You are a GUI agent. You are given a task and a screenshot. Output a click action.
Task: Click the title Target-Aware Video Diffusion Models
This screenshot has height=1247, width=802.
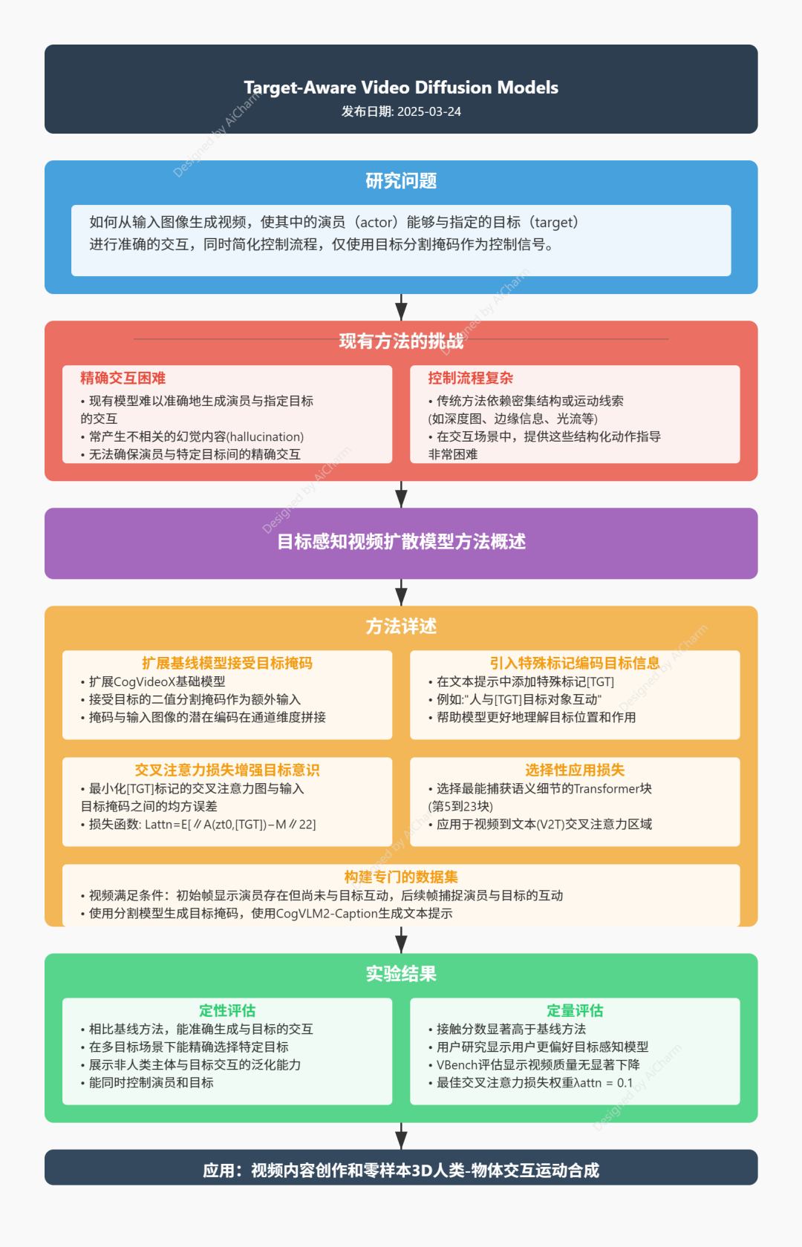pyautogui.click(x=401, y=88)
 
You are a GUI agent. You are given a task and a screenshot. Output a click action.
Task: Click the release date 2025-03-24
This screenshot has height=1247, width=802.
pyautogui.click(x=429, y=111)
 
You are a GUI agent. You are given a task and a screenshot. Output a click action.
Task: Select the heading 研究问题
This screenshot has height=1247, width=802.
pyautogui.click(x=401, y=181)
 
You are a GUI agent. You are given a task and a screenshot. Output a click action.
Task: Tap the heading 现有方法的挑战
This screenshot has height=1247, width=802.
pyautogui.click(x=401, y=341)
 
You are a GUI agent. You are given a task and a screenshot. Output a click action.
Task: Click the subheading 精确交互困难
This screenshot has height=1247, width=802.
pyautogui.click(x=123, y=378)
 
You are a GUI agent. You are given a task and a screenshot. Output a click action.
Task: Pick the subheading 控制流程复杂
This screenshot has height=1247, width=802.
pyautogui.click(x=471, y=378)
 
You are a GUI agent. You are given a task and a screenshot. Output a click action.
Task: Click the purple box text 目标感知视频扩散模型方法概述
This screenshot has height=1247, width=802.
pyautogui.click(x=401, y=542)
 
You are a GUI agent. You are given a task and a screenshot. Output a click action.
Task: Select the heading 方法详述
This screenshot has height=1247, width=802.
pyautogui.click(x=401, y=626)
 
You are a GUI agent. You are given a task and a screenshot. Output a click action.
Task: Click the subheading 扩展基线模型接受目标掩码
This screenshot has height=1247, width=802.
pyautogui.click(x=227, y=663)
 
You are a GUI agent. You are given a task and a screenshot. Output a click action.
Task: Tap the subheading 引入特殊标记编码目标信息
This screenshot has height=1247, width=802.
pyautogui.click(x=575, y=663)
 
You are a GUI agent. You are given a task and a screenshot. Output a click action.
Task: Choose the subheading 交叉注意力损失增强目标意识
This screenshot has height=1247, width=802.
pyautogui.click(x=227, y=770)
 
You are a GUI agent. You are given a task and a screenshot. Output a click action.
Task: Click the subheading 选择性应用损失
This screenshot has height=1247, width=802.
pyautogui.click(x=575, y=770)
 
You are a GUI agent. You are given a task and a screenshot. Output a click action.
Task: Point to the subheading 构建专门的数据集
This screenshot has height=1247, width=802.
pyautogui.click(x=401, y=877)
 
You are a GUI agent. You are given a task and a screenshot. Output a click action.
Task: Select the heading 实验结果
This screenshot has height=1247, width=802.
pyautogui.click(x=401, y=974)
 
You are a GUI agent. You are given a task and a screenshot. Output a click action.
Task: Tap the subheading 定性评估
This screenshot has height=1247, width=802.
pyautogui.click(x=227, y=1010)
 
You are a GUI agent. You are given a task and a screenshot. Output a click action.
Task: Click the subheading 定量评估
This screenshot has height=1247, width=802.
pyautogui.click(x=575, y=1010)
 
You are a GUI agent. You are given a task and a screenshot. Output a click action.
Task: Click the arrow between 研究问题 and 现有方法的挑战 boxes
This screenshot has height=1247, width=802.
pyautogui.click(x=401, y=307)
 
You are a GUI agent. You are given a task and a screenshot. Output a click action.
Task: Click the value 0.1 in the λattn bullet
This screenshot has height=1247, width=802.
pyautogui.click(x=625, y=1083)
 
